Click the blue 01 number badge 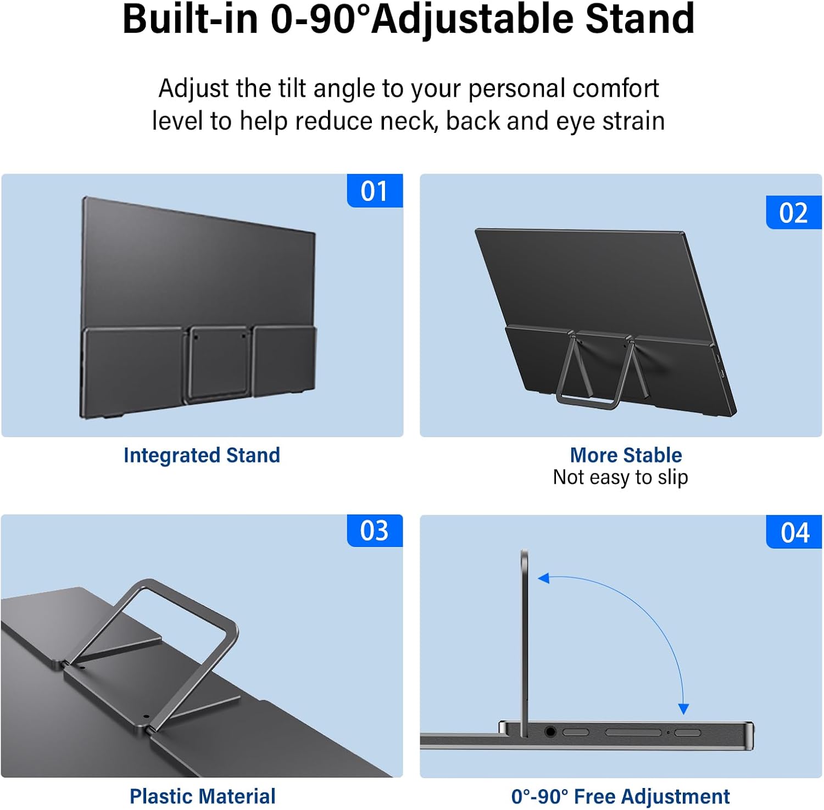(x=375, y=191)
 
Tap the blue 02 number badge (x=794, y=213)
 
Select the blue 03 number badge (x=375, y=530)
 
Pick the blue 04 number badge (x=794, y=532)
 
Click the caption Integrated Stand (x=202, y=455)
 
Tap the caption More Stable (x=626, y=455)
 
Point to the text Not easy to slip (x=620, y=477)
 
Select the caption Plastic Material (x=202, y=796)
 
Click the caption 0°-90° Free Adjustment (x=620, y=796)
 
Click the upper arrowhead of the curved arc (x=544, y=578)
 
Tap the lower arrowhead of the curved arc (x=683, y=708)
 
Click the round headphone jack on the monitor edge (x=550, y=731)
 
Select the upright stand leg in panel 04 (x=525, y=643)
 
